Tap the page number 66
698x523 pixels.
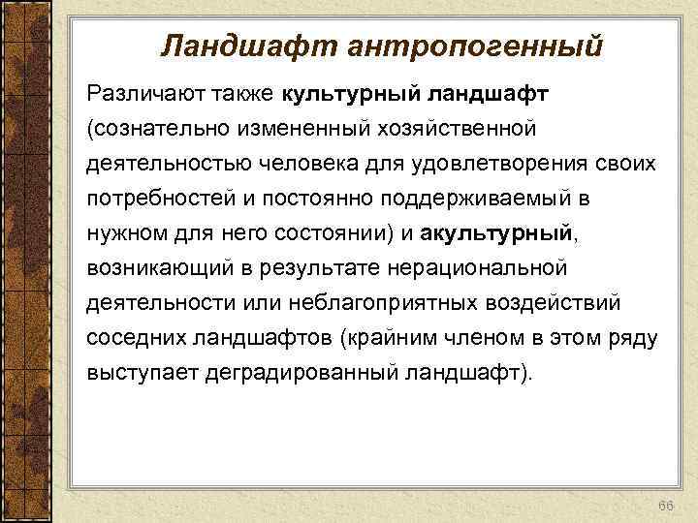664,481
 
